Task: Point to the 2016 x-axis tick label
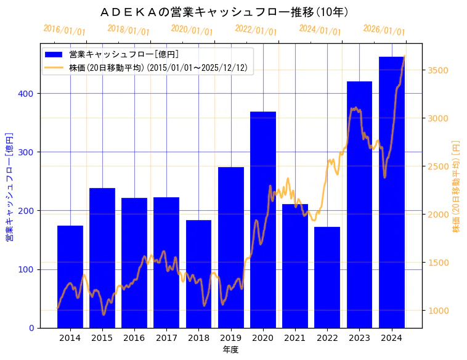[x=134, y=338]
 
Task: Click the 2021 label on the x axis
[x=295, y=338]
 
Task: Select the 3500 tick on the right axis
[x=437, y=70]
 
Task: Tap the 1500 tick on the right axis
[x=437, y=263]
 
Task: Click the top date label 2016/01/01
[x=65, y=30]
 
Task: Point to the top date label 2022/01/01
[x=256, y=30]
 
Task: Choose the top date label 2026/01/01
[x=384, y=30]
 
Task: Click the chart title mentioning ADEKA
[x=224, y=12]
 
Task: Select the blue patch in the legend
[x=54, y=55]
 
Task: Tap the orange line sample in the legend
[x=54, y=68]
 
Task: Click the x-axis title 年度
[x=230, y=350]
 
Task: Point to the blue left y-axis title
[x=9, y=186]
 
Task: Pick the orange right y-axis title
[x=457, y=186]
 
